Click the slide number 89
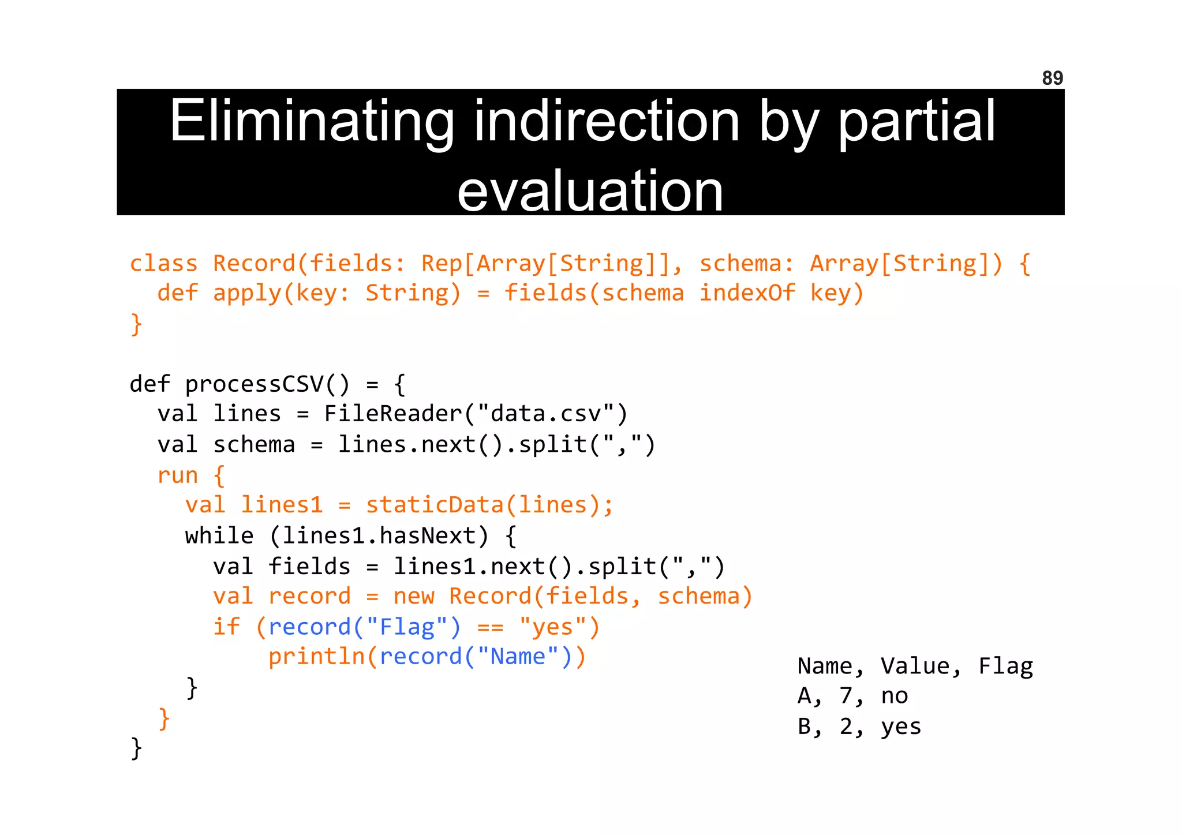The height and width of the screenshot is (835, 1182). tap(1052, 78)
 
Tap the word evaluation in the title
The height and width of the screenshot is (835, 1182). tap(590, 191)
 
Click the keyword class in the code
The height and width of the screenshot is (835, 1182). tap(163, 264)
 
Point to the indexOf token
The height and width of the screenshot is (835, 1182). tap(747, 293)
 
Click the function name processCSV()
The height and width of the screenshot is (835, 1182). tap(267, 384)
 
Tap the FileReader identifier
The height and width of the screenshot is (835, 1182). tap(392, 414)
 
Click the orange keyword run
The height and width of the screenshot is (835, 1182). tap(177, 475)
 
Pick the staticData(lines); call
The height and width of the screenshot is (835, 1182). tap(489, 506)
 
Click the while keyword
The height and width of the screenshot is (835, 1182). tap(219, 536)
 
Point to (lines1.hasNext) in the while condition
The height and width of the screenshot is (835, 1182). tap(379, 536)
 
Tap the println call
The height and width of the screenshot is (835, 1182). tap(316, 657)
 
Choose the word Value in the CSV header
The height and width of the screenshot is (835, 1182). tap(921, 667)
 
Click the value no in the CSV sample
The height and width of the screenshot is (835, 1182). tap(894, 697)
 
